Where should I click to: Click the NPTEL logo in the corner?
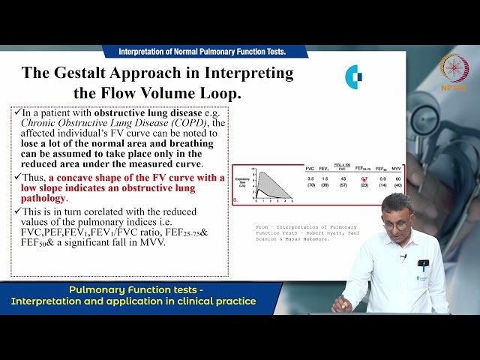pos(454,72)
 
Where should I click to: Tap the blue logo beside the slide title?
pos(353,76)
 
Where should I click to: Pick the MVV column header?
pos(398,169)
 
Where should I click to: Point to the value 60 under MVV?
pos(398,179)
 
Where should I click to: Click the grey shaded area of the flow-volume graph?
pos(263,184)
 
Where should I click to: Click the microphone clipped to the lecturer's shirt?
pos(403,258)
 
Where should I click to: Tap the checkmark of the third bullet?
pos(16,211)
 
